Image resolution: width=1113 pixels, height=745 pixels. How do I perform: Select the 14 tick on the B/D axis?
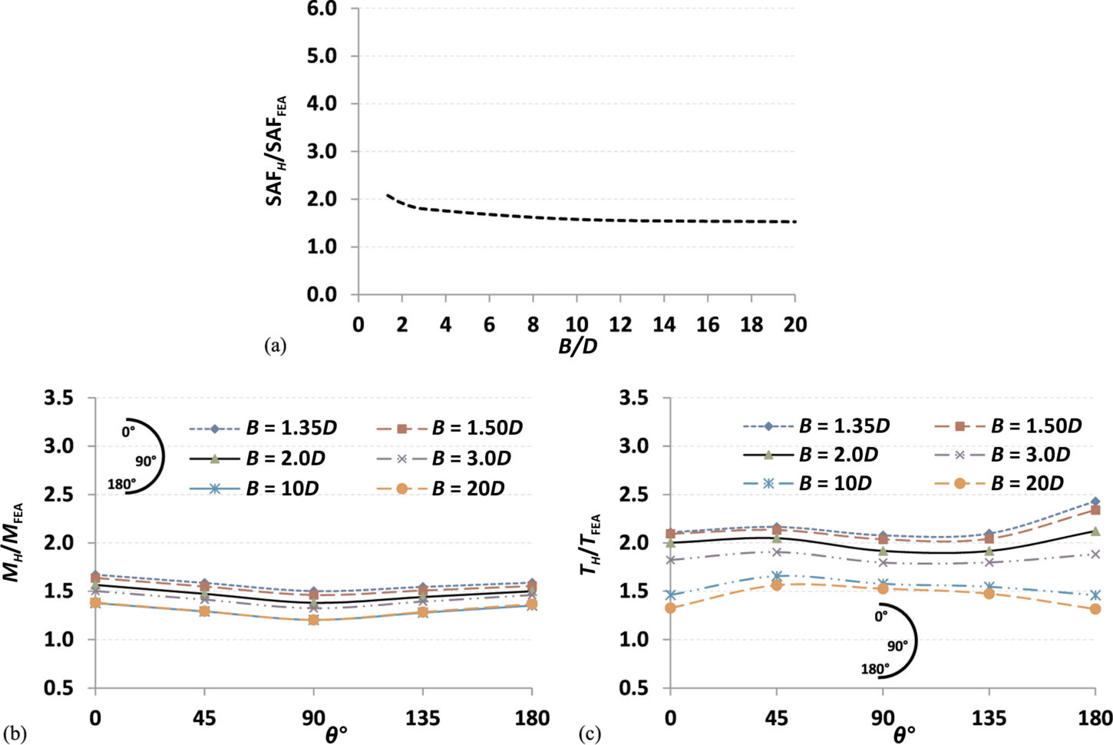[664, 324]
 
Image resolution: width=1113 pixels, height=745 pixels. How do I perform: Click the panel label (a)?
[274, 346]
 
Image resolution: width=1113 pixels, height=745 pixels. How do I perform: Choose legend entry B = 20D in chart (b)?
[467, 488]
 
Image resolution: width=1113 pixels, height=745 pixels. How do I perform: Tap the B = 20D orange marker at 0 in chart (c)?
[670, 608]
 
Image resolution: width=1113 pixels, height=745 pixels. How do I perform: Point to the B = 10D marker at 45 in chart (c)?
[777, 576]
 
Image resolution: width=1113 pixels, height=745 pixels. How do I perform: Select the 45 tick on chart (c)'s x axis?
[776, 719]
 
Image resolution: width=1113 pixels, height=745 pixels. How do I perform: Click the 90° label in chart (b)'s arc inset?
[145, 460]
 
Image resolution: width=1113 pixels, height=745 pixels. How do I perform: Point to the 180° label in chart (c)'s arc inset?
[874, 670]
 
